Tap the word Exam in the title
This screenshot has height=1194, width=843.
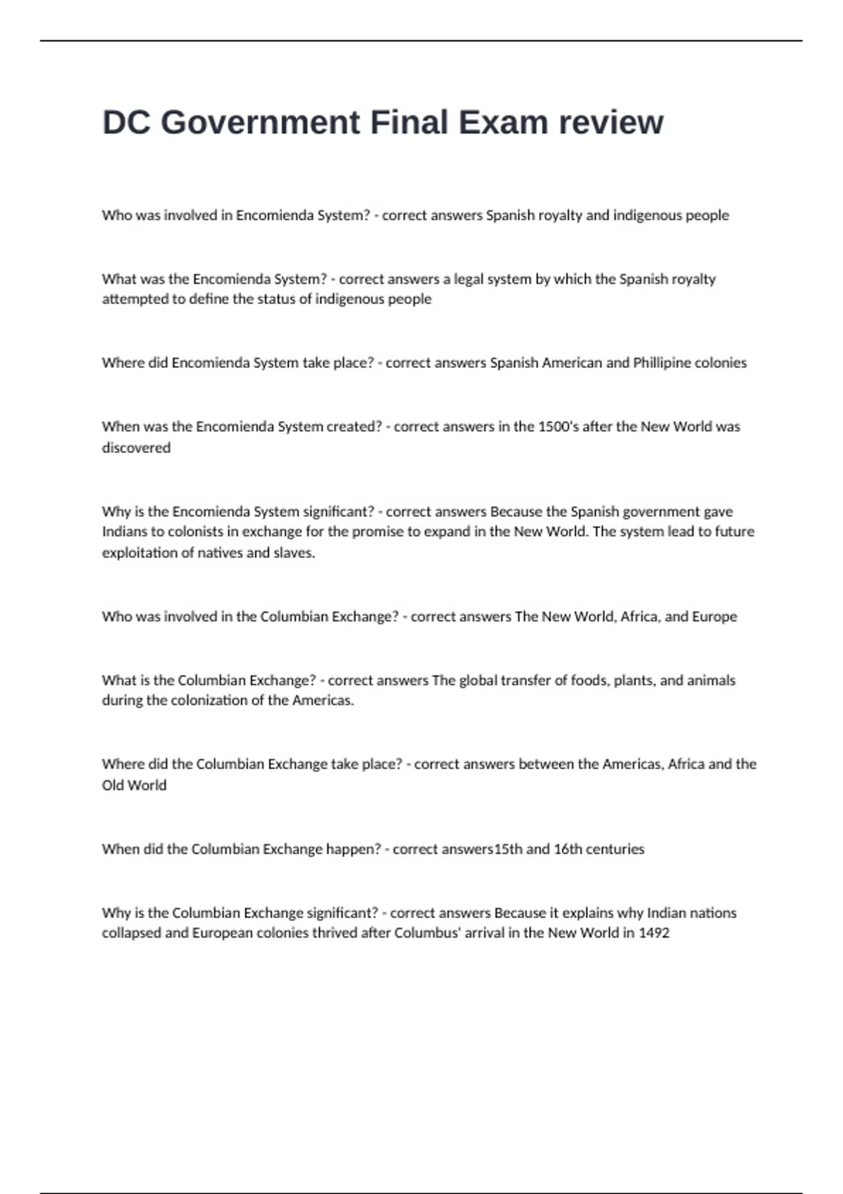(503, 123)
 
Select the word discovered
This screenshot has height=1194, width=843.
(136, 447)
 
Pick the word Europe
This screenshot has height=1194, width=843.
(714, 616)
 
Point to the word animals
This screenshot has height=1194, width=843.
(711, 680)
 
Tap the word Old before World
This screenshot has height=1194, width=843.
(112, 785)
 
